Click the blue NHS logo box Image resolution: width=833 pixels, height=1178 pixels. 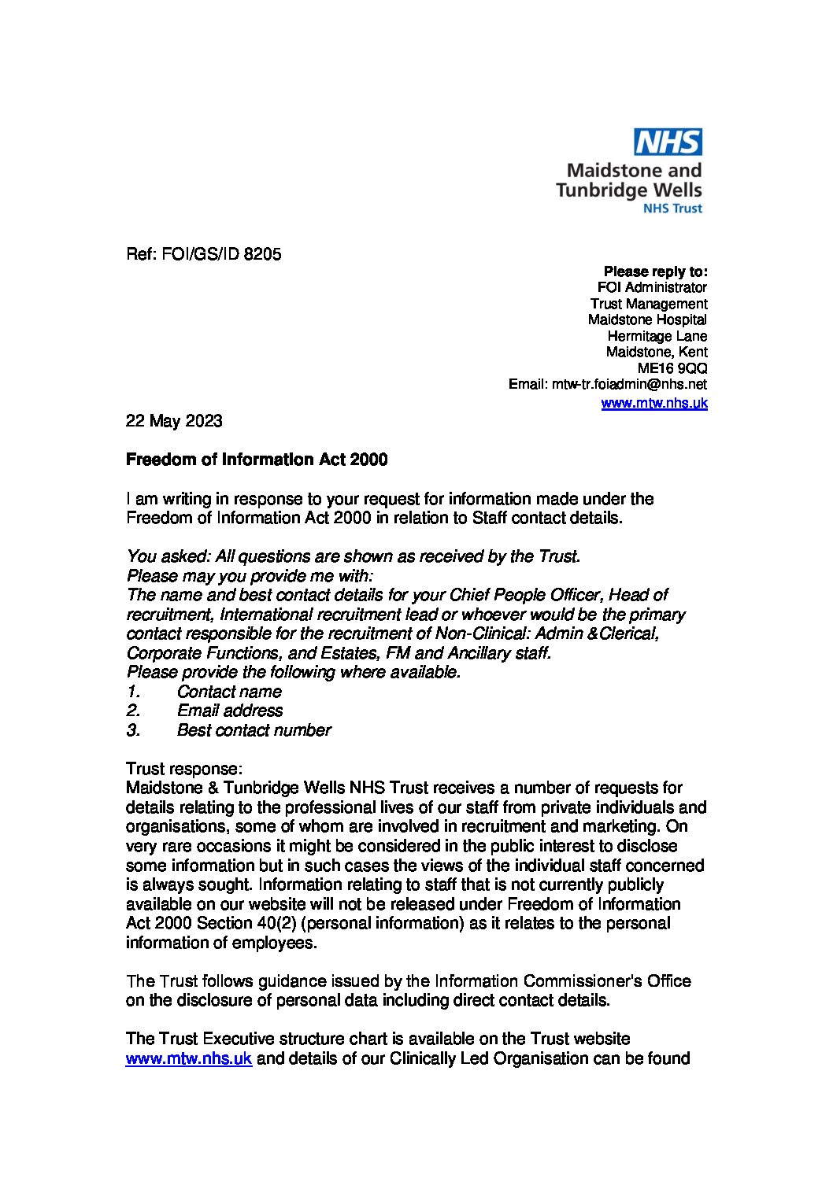coord(668,142)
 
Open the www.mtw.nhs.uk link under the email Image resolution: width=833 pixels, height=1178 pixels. coord(653,403)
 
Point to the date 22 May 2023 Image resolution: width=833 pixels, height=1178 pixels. coord(174,421)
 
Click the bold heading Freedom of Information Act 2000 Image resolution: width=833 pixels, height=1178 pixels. coord(257,460)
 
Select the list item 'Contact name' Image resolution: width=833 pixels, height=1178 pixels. coord(228,692)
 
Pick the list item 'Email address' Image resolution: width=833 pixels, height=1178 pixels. coord(230,711)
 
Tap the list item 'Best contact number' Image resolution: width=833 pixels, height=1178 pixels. coord(254,730)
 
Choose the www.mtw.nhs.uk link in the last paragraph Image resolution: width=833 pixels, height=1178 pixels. coord(189,1058)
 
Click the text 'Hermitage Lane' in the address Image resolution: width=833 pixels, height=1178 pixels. coord(657,336)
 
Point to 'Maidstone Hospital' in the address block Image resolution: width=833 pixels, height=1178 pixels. coord(647,319)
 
